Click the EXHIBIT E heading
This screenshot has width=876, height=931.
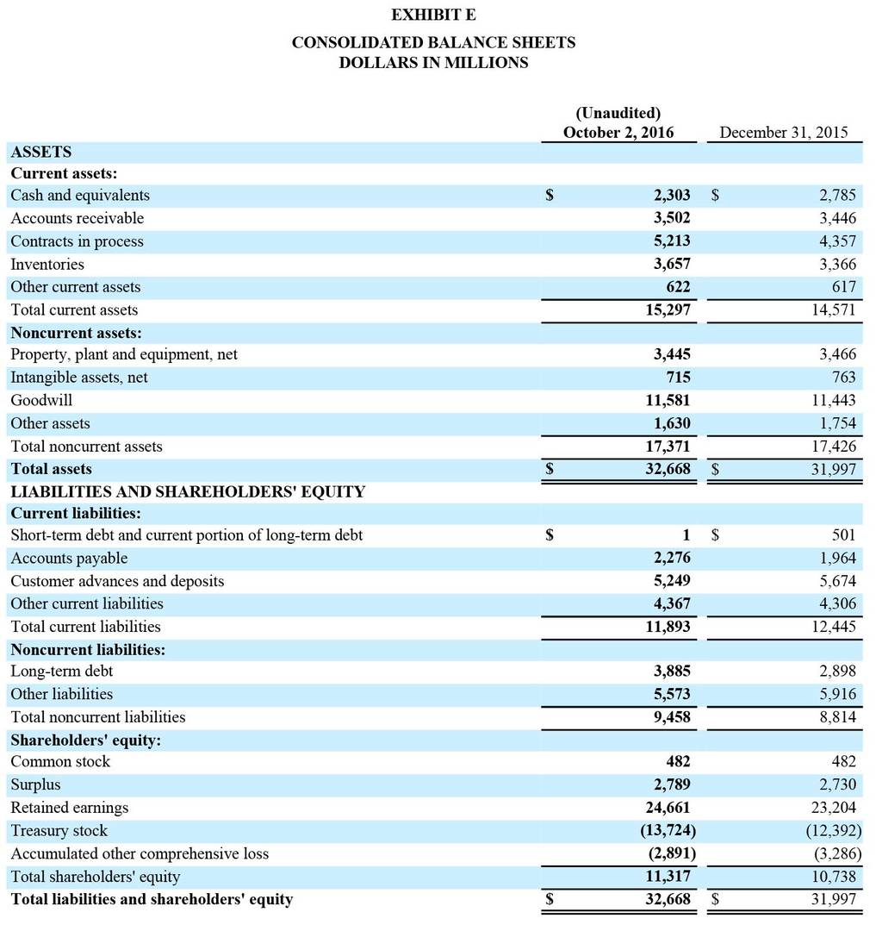[433, 15]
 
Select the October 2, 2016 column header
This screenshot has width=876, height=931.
[618, 133]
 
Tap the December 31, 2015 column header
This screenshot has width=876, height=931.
[783, 133]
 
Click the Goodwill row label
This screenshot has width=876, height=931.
[41, 400]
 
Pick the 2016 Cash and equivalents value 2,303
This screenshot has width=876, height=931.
[672, 196]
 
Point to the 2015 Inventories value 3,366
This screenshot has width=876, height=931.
[837, 265]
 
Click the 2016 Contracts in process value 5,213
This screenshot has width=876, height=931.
[672, 241]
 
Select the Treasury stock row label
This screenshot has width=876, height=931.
[59, 831]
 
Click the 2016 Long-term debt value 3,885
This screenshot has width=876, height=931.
[672, 671]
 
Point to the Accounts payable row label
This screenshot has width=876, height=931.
[69, 559]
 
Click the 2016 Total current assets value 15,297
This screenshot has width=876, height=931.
[668, 309]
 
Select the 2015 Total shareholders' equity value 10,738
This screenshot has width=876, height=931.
[833, 877]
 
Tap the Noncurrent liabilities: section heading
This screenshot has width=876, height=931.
[88, 649]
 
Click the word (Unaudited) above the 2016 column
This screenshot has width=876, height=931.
[618, 113]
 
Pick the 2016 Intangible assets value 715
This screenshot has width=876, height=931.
[677, 378]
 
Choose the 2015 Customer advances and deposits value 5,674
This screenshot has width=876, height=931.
[837, 581]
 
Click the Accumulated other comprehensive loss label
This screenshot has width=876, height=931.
[140, 853]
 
